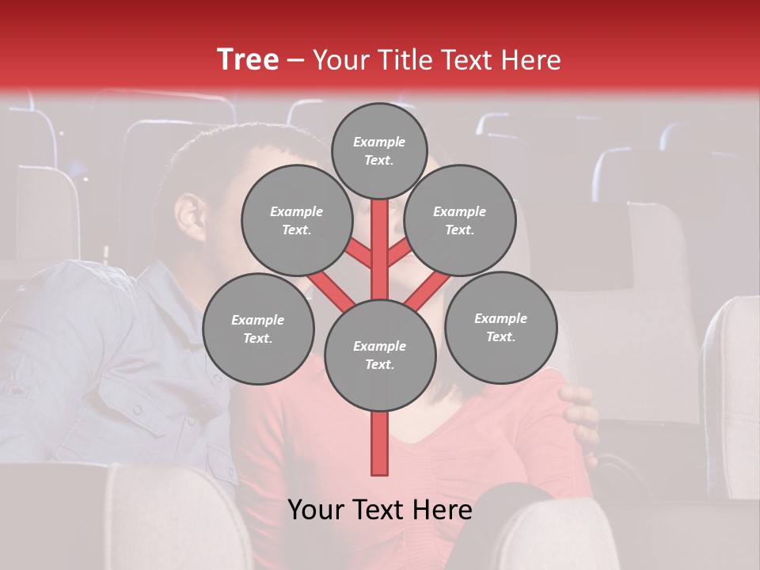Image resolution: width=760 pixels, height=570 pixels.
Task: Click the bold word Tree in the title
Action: pyautogui.click(x=248, y=59)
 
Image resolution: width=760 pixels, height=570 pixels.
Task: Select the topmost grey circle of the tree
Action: pyautogui.click(x=379, y=150)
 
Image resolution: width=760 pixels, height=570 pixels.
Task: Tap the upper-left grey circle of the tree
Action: pyautogui.click(x=296, y=221)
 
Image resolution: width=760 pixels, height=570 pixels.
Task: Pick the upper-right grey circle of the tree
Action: pyautogui.click(x=459, y=221)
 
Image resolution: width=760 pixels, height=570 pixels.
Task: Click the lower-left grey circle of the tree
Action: pyautogui.click(x=257, y=329)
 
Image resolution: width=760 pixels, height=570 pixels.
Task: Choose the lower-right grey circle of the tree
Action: pyautogui.click(x=500, y=327)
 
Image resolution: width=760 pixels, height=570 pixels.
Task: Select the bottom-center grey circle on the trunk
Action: pyautogui.click(x=379, y=355)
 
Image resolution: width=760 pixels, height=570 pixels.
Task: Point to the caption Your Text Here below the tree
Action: pyautogui.click(x=379, y=510)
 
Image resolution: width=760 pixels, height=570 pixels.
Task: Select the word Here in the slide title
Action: pyautogui.click(x=531, y=59)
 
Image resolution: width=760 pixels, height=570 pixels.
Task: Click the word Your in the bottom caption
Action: pyautogui.click(x=317, y=510)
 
